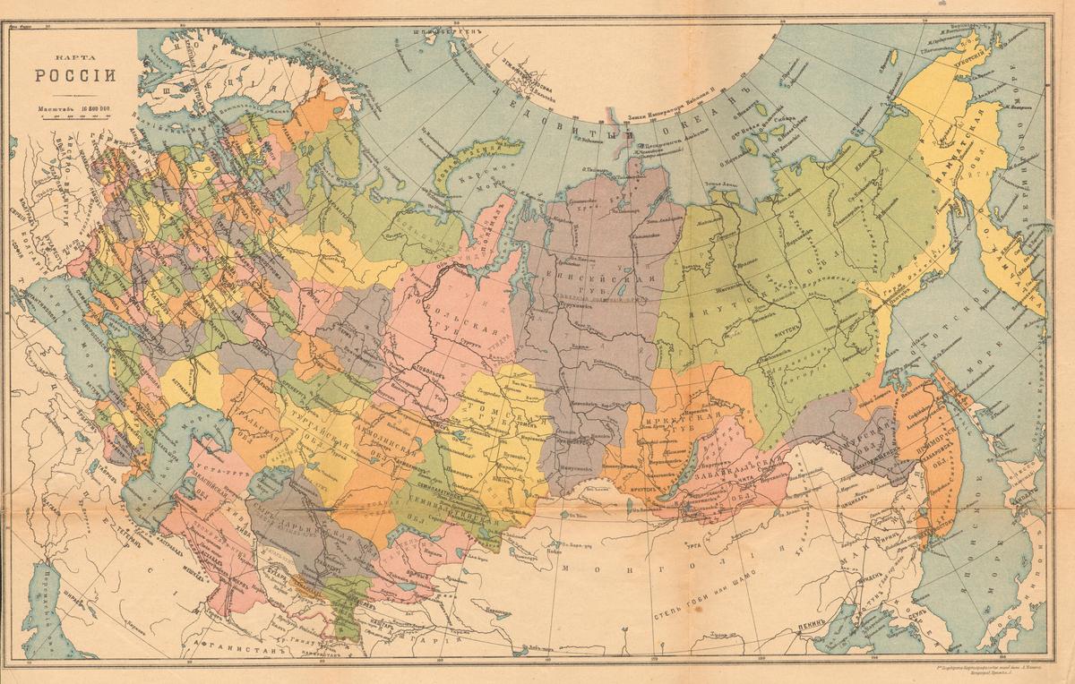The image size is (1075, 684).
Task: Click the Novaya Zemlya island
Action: click(466, 161)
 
